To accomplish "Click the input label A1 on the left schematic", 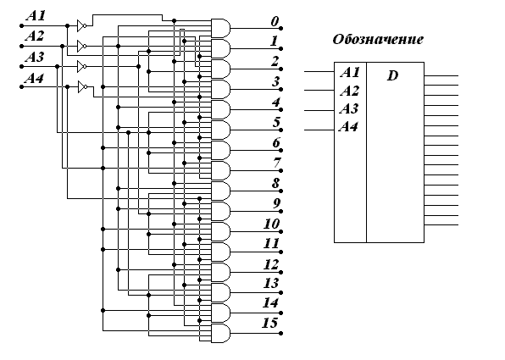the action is [36, 15].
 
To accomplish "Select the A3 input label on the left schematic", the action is [35, 57].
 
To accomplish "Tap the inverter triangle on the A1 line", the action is [82, 25].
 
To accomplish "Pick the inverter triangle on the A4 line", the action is [82, 87].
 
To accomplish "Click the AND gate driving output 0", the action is [220, 28].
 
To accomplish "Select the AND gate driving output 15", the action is [220, 333].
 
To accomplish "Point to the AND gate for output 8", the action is [220, 191].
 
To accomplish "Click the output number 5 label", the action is [277, 122].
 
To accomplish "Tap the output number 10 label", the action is [271, 224].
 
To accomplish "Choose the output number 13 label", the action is [271, 283].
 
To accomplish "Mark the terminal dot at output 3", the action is [280, 90].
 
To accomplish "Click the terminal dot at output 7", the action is [280, 170].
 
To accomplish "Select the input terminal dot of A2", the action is [21, 47].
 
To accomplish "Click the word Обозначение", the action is [378, 39].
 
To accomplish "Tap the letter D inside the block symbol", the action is [392, 75].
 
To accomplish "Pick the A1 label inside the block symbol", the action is [350, 73].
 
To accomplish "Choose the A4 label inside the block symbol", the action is [348, 126].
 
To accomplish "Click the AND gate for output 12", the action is [220, 273].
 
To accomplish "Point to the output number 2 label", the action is [275, 61].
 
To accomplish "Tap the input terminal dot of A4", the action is [21, 87].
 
